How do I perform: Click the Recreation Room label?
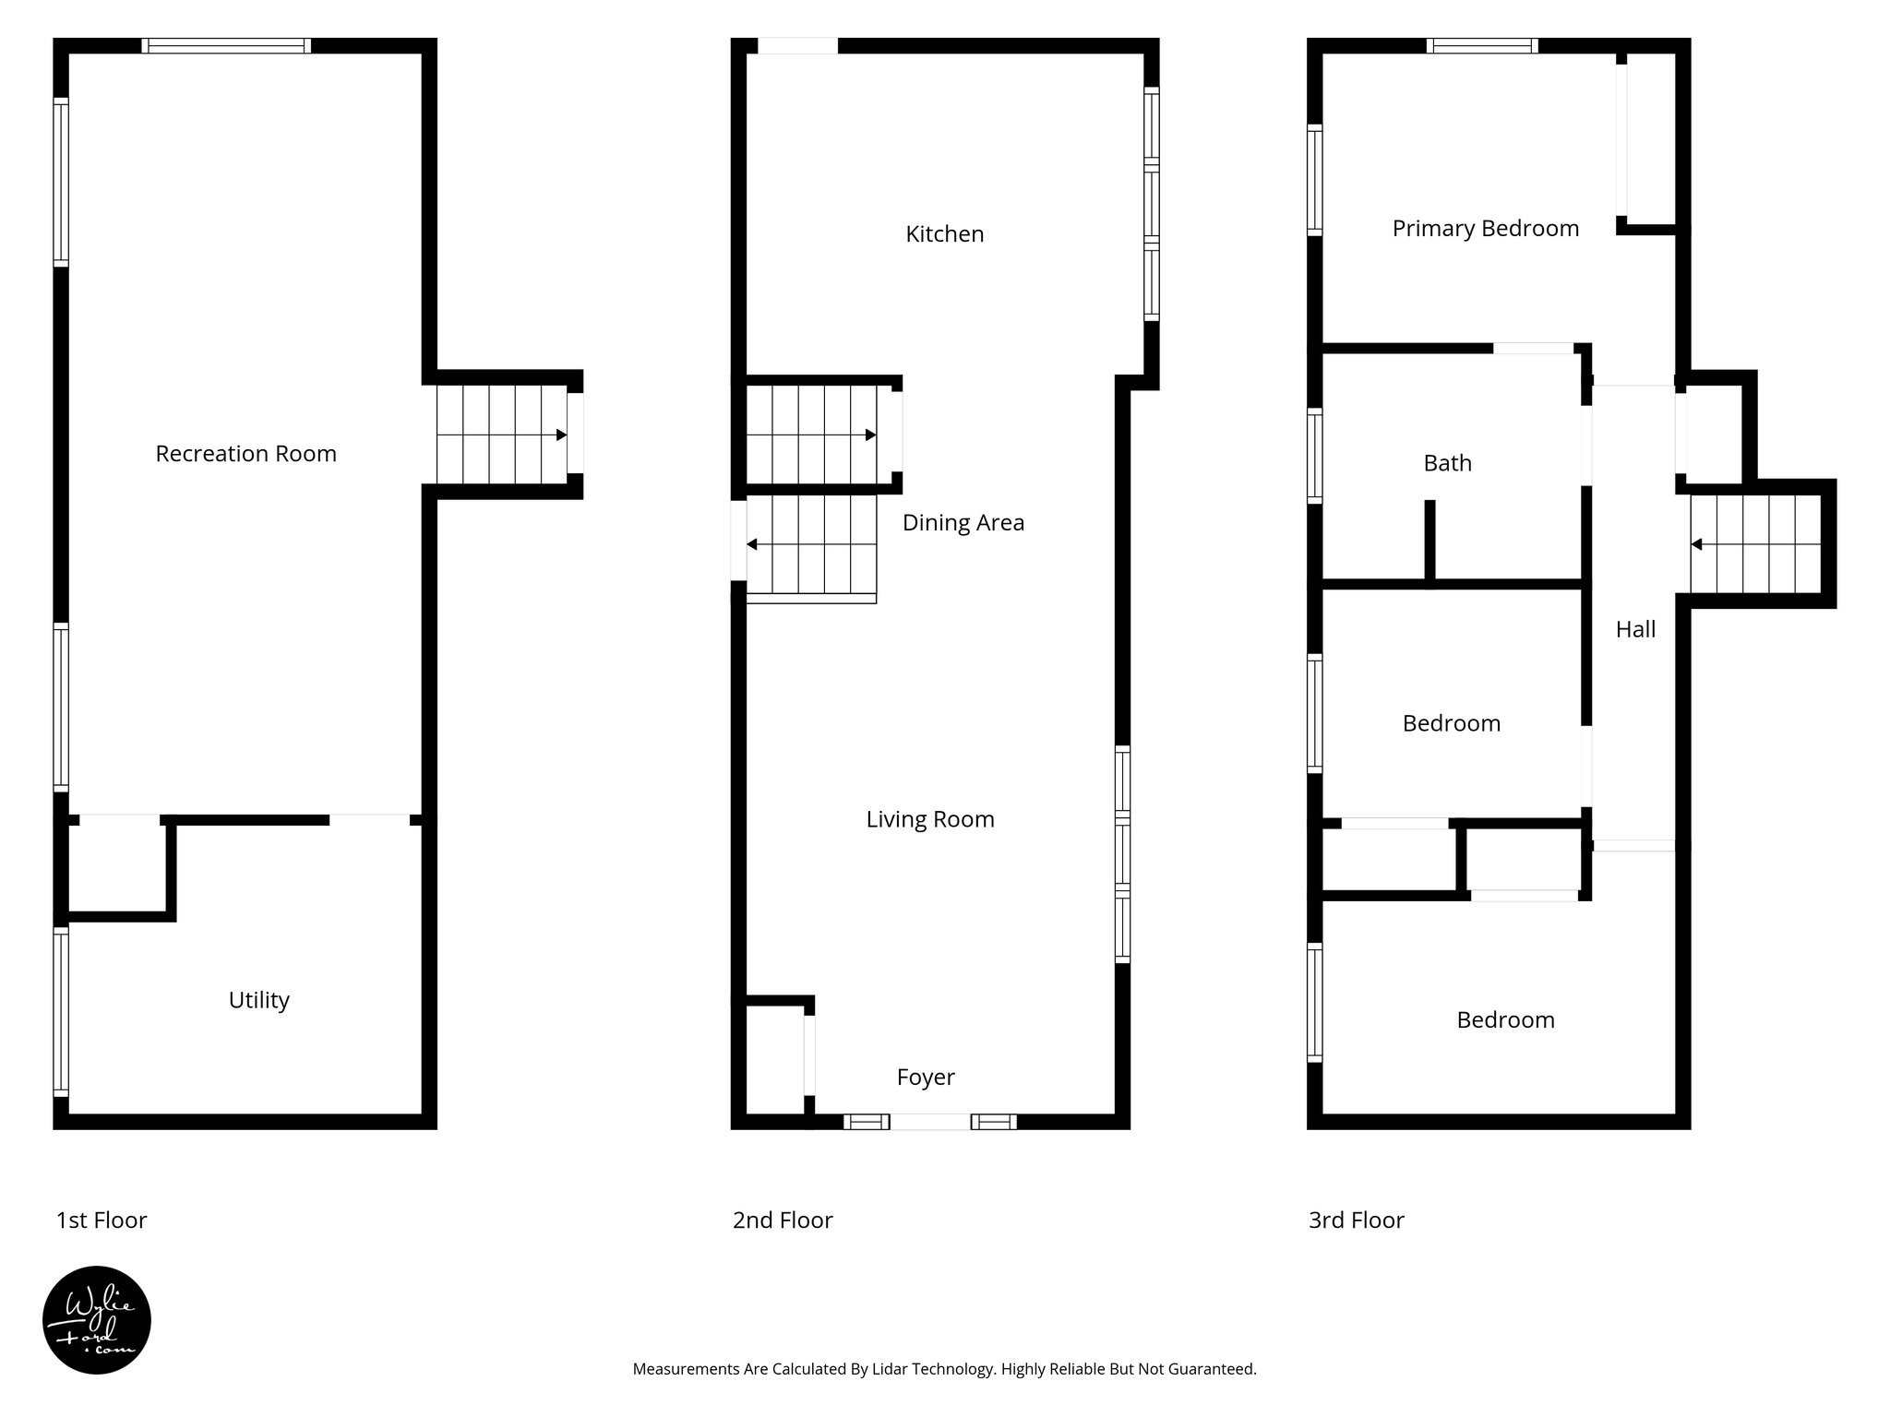pos(245,454)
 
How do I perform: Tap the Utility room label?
pos(258,1000)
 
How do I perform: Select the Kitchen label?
pos(944,234)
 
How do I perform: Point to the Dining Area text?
pos(963,523)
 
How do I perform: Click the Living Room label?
pos(929,819)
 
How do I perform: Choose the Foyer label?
pos(925,1077)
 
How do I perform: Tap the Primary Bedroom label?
pos(1485,229)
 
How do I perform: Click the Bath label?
pos(1446,463)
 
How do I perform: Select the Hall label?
pos(1634,629)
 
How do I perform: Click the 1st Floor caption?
pos(102,1221)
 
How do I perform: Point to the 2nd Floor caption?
pos(782,1221)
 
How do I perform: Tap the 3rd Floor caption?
pos(1356,1221)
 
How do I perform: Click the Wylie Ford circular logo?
pos(97,1319)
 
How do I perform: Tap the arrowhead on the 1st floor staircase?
pos(561,435)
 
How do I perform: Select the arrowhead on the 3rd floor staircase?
pos(1696,544)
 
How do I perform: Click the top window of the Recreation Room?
pos(226,45)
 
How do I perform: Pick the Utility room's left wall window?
pos(61,1010)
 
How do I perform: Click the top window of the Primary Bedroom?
pos(1481,45)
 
